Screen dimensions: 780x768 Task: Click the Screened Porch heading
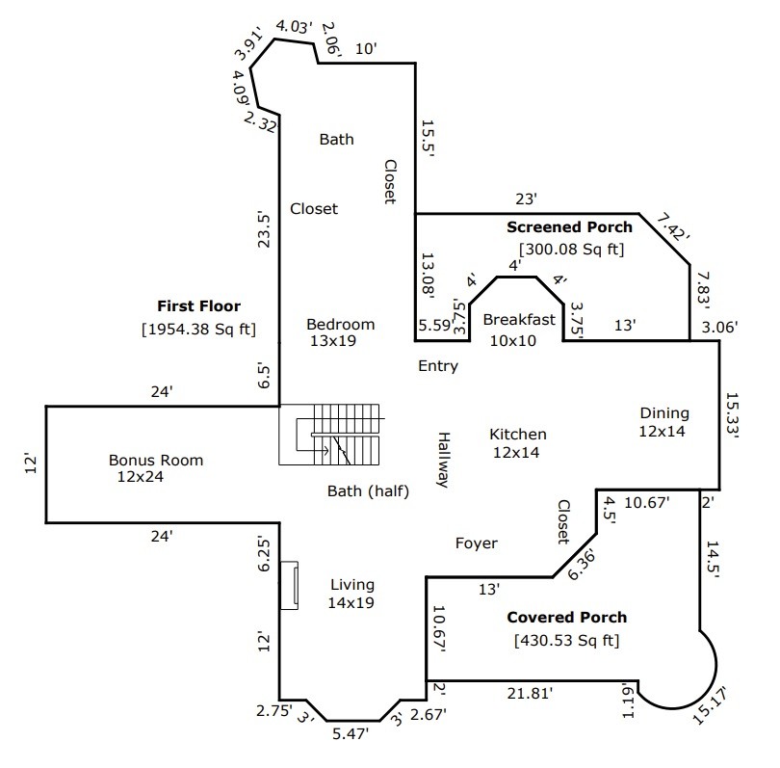point(569,227)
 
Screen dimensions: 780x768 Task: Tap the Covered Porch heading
point(566,617)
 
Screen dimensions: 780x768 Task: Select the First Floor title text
point(199,305)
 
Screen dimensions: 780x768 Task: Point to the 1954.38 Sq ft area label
point(199,329)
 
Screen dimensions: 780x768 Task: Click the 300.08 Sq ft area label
point(571,249)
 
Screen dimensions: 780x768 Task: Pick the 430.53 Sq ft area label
point(566,640)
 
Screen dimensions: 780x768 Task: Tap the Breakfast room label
point(519,319)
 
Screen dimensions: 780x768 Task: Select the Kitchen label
point(518,434)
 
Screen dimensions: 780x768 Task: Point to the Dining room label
point(664,413)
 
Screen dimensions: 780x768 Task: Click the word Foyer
point(476,543)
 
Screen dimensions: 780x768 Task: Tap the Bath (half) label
point(368,491)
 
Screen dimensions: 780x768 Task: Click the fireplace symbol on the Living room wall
point(289,585)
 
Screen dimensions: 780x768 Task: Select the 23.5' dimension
point(264,230)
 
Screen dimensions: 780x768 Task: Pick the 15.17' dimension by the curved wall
point(710,704)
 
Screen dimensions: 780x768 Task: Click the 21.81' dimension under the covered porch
point(530,693)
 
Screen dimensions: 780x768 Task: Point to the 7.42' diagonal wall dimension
point(673,227)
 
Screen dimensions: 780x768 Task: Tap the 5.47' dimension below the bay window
point(351,733)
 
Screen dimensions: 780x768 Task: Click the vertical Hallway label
point(444,460)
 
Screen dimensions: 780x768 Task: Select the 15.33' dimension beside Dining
point(732,415)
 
